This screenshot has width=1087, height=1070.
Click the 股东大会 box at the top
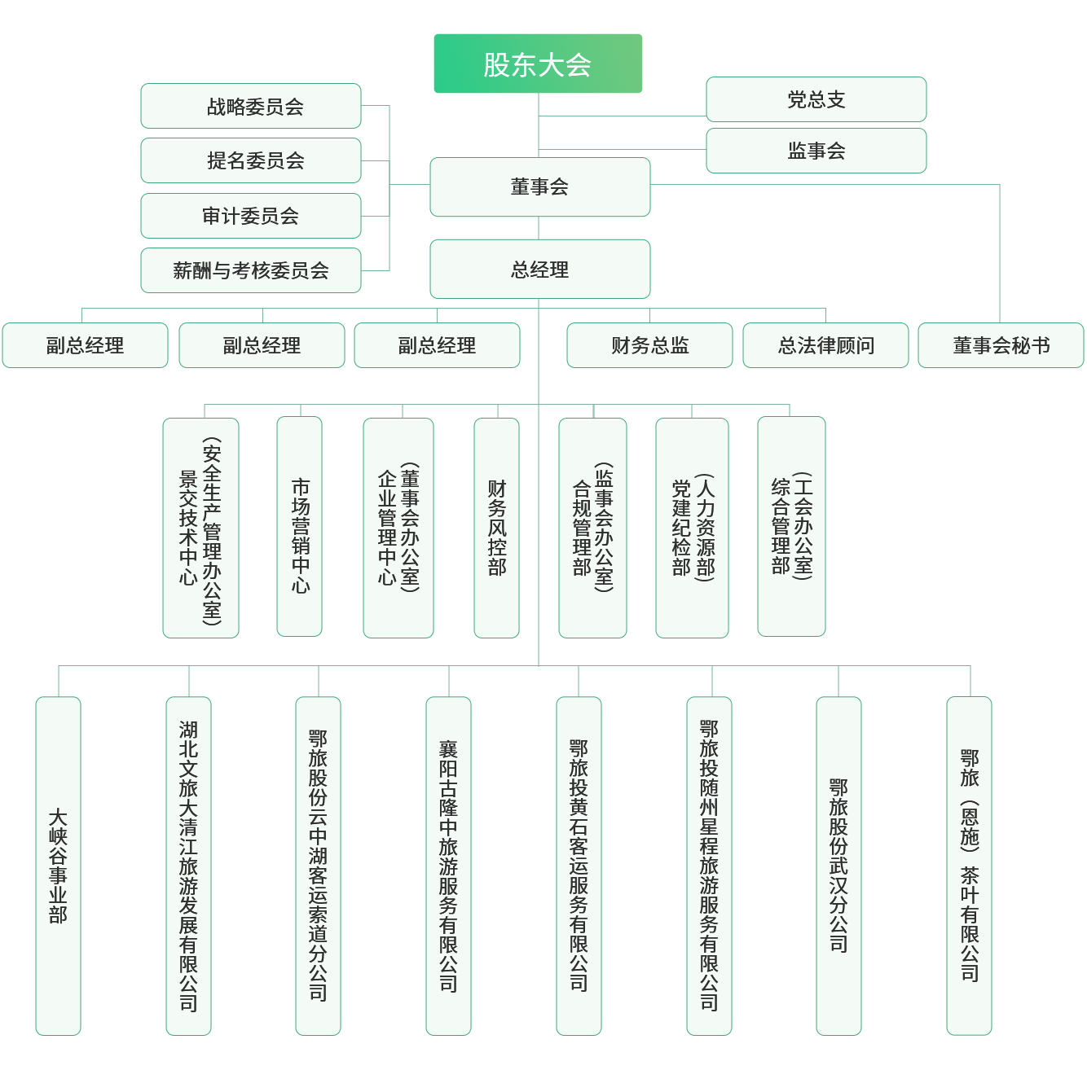tap(538, 64)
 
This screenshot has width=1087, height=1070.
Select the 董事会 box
tap(539, 187)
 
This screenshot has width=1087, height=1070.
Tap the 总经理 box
tap(539, 270)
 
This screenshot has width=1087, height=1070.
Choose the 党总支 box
tap(816, 99)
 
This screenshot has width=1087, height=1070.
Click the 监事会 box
tap(816, 151)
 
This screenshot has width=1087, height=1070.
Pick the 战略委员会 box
tap(251, 106)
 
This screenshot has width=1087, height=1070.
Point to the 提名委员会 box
tap(251, 160)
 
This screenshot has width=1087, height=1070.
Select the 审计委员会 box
tap(251, 216)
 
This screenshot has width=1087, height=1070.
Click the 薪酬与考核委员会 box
tap(251, 270)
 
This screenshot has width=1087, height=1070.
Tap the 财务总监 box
tap(649, 345)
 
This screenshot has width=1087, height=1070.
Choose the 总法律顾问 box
tap(825, 345)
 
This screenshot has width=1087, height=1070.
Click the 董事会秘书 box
tap(1001, 345)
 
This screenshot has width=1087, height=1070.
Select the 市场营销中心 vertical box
tap(300, 528)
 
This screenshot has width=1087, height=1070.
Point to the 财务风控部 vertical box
tap(496, 528)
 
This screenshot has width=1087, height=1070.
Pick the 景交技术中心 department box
tap(200, 528)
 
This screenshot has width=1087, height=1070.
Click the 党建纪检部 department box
tap(692, 528)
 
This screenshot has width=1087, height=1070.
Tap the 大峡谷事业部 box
tap(58, 866)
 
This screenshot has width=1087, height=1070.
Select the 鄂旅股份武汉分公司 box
tap(838, 866)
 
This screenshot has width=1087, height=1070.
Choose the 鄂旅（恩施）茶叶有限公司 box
tap(969, 866)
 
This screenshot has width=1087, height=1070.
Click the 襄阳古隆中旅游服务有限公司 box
tap(448, 866)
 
